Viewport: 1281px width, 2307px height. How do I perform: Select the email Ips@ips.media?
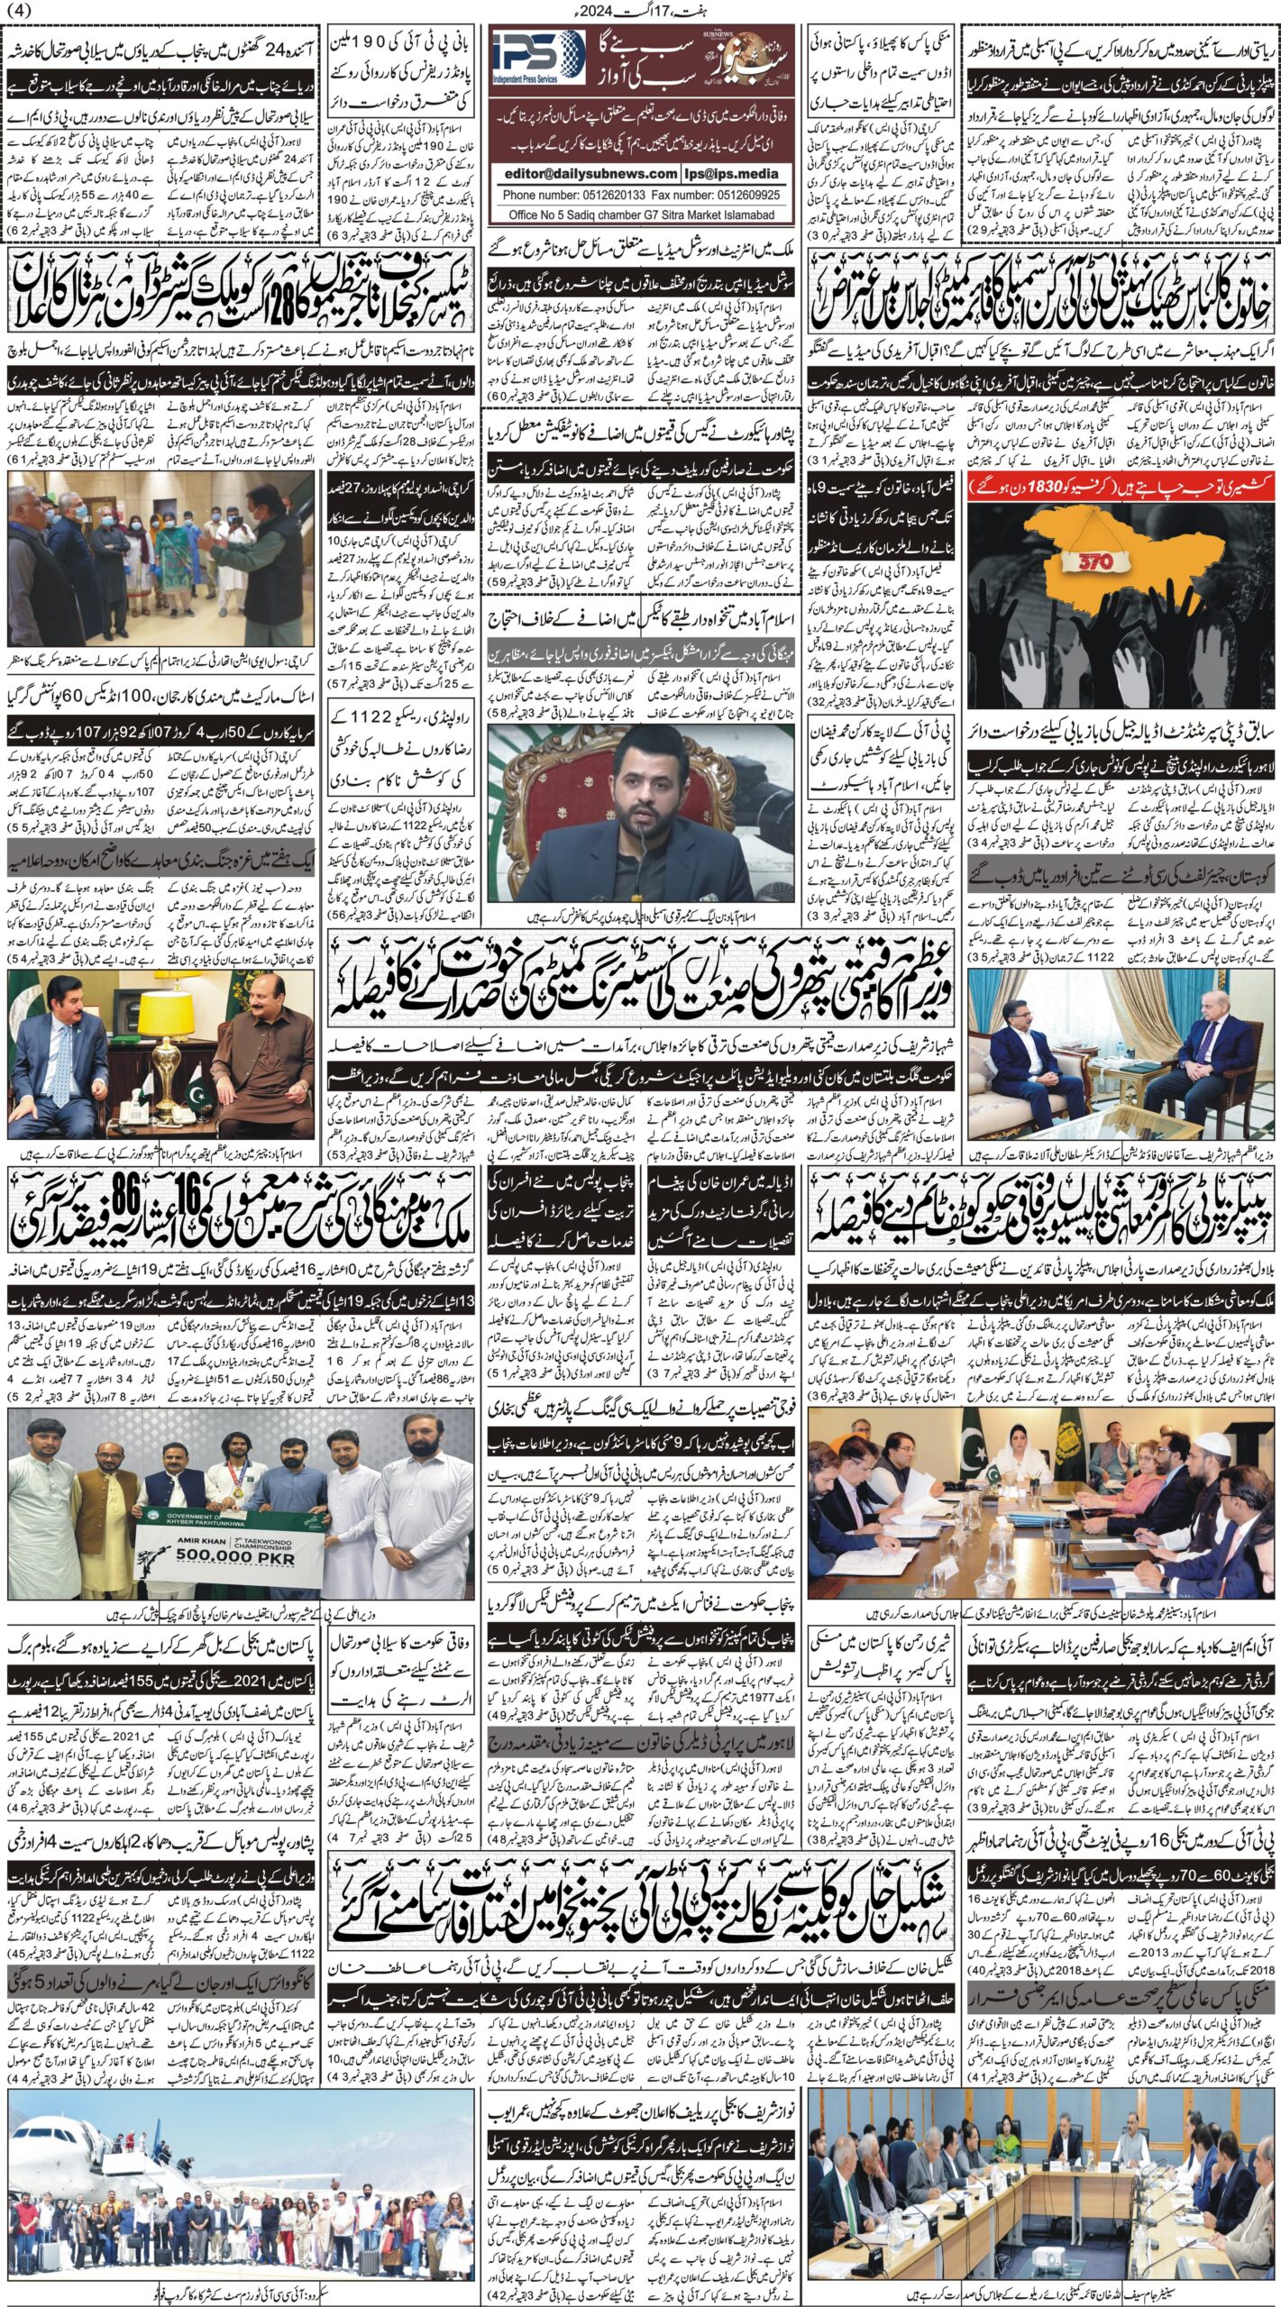click(x=741, y=174)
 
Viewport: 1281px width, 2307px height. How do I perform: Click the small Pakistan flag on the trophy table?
click(x=197, y=1092)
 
